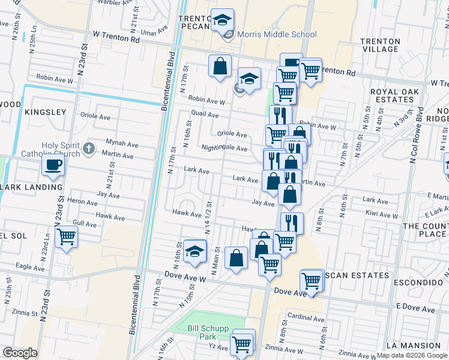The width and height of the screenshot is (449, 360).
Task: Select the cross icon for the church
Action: (x=89, y=148)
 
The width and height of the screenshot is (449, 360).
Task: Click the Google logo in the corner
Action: (x=20, y=352)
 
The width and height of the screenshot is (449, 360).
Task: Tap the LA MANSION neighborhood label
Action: (x=413, y=346)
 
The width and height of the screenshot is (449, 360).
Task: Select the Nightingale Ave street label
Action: (x=224, y=148)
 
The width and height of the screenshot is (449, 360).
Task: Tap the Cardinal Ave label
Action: (x=306, y=317)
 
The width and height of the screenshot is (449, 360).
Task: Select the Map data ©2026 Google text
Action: (x=412, y=355)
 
